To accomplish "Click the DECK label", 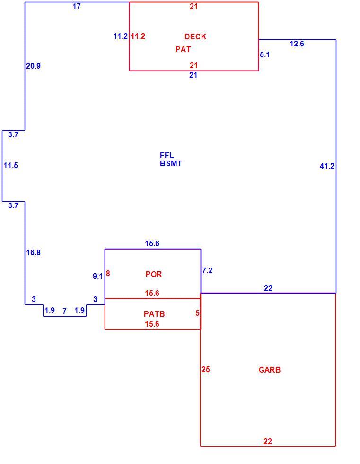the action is pyautogui.click(x=195, y=37).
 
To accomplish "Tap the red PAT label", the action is pyautogui.click(x=183, y=49).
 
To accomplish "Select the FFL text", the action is pyautogui.click(x=167, y=155).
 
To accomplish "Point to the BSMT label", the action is pyautogui.click(x=171, y=163).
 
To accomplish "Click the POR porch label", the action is pyautogui.click(x=154, y=274).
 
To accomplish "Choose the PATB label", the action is pyautogui.click(x=154, y=314).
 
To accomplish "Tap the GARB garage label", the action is pyautogui.click(x=270, y=370).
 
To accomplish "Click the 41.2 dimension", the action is pyautogui.click(x=327, y=166).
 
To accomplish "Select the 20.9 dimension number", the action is pyautogui.click(x=34, y=66).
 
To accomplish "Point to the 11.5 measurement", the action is pyautogui.click(x=11, y=165).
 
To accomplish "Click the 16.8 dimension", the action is pyautogui.click(x=34, y=252).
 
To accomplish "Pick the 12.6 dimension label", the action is pyautogui.click(x=297, y=44).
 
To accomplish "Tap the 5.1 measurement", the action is pyautogui.click(x=265, y=55).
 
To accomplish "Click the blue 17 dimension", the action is pyautogui.click(x=77, y=6).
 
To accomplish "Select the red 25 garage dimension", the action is pyautogui.click(x=206, y=369).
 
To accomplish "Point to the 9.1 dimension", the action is pyautogui.click(x=97, y=276).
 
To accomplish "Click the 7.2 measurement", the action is pyautogui.click(x=207, y=270).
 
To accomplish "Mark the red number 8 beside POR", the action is pyautogui.click(x=108, y=274).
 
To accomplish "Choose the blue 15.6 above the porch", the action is pyautogui.click(x=152, y=243).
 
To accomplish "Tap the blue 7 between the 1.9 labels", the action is pyautogui.click(x=64, y=312).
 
